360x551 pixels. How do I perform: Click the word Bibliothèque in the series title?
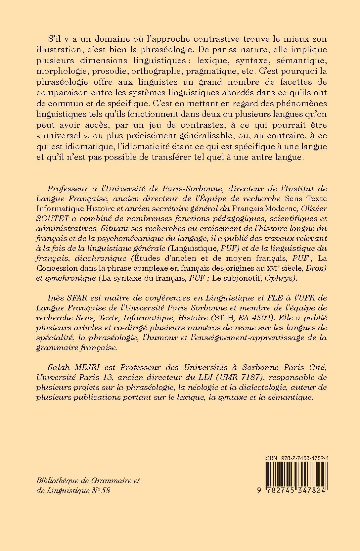tap(56, 481)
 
